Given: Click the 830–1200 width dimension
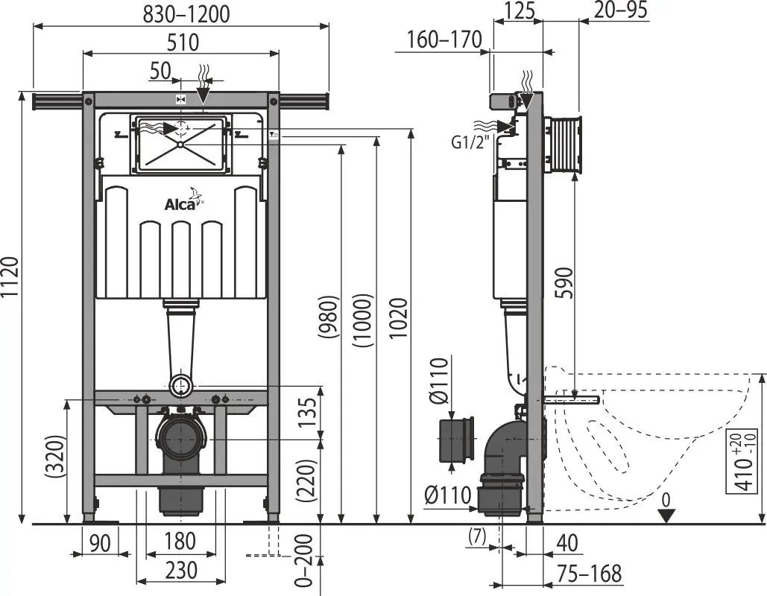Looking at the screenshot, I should point(182,13).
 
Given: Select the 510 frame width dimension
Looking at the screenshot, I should point(182,42).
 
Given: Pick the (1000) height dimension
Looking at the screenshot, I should point(363,320).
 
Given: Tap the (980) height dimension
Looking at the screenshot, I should point(328,320).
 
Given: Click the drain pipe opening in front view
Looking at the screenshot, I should point(181,438).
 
